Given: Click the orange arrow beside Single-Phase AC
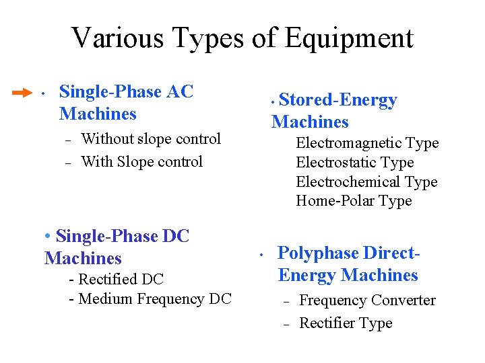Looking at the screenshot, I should coord(22,91).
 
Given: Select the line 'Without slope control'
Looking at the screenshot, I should coord(151,139).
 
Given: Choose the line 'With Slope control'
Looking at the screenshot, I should coord(141,161).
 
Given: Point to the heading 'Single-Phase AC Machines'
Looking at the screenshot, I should coord(126,102).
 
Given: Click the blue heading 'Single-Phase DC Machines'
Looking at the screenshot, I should coord(116,247).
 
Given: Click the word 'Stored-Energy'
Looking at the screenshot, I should coord(337,100).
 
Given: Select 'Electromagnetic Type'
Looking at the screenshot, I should coord(367,143).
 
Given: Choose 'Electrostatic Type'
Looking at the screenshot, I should coord(354,162).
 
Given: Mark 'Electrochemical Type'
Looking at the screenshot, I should coord(366,182).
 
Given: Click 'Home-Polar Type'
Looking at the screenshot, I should coord(354,201).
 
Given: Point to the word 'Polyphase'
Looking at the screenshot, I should coord(318,253).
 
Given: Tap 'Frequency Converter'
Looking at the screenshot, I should coord(367,300).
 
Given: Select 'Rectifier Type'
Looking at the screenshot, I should coord(346,323).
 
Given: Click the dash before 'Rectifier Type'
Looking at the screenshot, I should coord(286,324).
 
